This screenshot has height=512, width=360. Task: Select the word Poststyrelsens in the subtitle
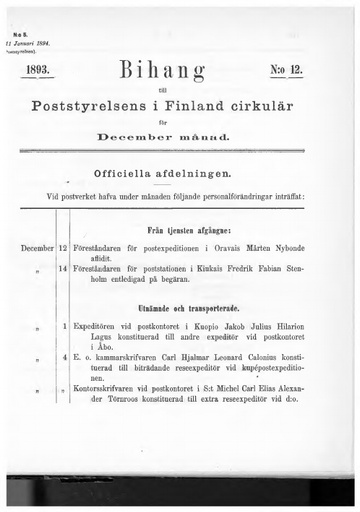click(x=102, y=106)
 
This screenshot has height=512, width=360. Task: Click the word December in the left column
click(x=36, y=246)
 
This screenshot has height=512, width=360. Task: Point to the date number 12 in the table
click(x=63, y=246)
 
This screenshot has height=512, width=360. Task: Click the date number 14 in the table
click(x=63, y=268)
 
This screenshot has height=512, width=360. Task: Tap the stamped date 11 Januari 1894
click(x=33, y=44)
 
